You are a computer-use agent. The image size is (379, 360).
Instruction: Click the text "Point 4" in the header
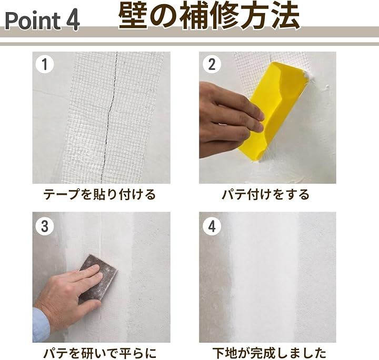pos(42,21)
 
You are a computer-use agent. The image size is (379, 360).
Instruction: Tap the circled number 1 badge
pos(45,64)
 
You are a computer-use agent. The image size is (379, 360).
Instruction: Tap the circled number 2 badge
pos(212,64)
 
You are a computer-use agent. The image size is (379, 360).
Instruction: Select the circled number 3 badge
pos(45,226)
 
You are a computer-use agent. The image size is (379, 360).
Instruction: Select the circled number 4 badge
pos(212,226)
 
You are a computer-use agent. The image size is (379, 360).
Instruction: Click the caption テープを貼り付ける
pos(99,195)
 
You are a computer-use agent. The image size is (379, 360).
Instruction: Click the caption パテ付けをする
pos(266,195)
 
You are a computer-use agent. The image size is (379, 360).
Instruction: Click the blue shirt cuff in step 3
pos(41,325)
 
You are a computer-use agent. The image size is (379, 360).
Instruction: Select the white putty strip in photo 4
pos(264,277)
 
